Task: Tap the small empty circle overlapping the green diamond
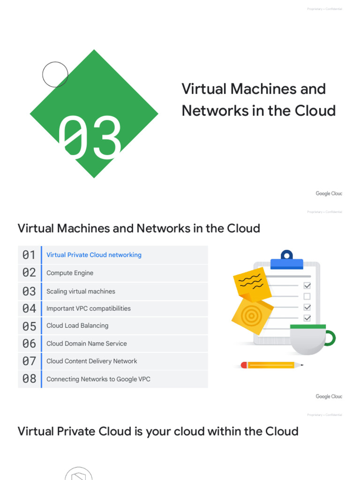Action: click(x=55, y=75)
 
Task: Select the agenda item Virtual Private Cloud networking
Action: click(x=94, y=255)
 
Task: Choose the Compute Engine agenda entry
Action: click(x=70, y=273)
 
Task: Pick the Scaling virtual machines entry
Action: click(x=81, y=291)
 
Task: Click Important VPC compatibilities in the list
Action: click(x=89, y=308)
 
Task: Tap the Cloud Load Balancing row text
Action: click(x=77, y=326)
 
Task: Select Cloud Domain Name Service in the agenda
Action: click(x=87, y=344)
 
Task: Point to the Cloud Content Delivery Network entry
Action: click(x=92, y=361)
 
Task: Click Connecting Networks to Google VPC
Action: click(x=98, y=379)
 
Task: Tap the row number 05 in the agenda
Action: click(x=29, y=326)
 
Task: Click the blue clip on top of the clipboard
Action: click(x=286, y=260)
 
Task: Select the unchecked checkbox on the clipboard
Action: click(x=307, y=296)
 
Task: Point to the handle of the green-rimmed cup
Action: click(x=330, y=338)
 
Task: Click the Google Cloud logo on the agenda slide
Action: click(x=329, y=397)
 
